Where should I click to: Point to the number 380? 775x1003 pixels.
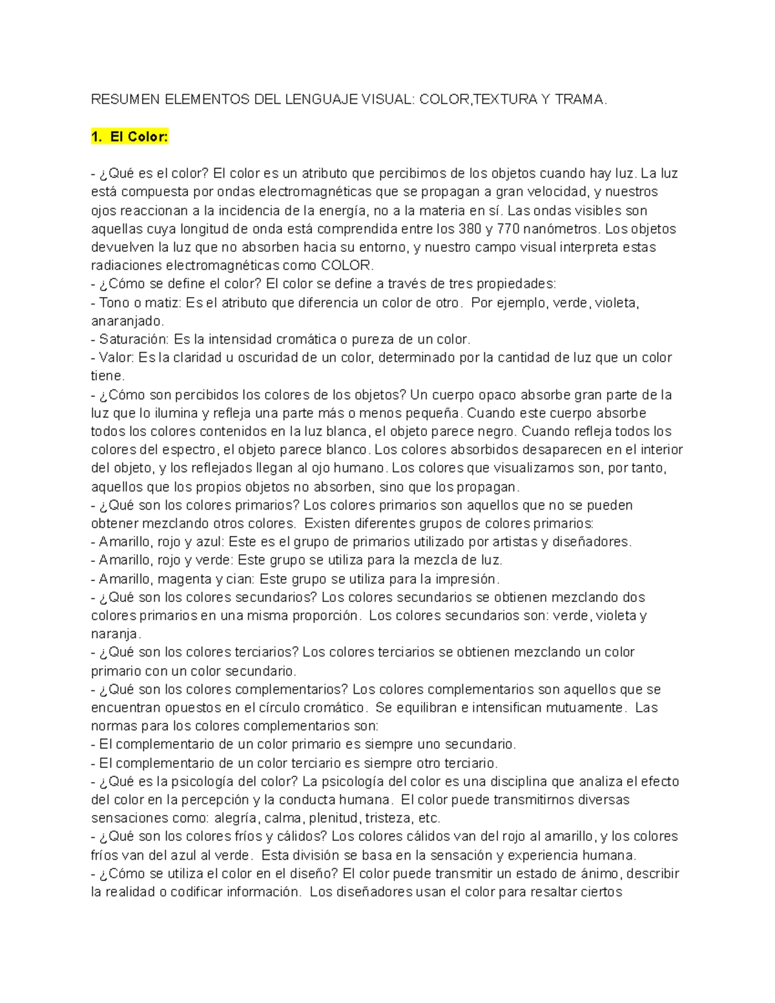470,229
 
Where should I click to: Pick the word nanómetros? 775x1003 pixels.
561,229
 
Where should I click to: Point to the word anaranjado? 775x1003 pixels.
127,321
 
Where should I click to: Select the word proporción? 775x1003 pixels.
325,615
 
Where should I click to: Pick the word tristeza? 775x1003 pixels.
389,818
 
